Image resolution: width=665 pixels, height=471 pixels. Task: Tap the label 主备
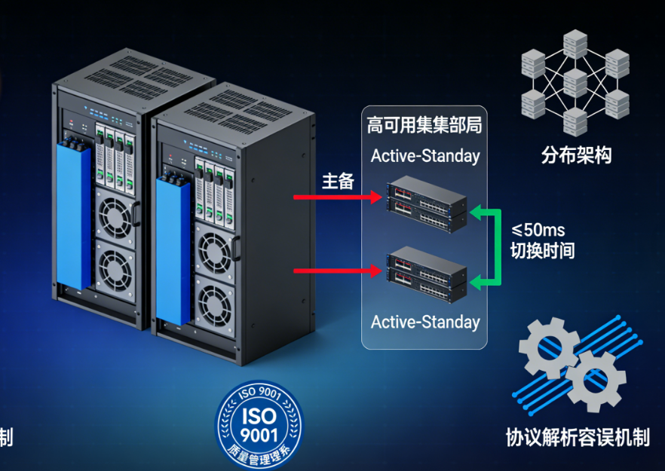tap(339, 182)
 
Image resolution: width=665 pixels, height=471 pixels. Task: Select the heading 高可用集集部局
tap(424, 124)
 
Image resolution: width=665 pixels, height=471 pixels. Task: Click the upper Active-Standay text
tap(425, 157)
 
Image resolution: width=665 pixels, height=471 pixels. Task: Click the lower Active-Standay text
tap(425, 322)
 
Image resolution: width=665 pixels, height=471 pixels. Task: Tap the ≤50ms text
tap(539, 230)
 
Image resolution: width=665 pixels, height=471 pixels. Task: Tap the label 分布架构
tap(576, 155)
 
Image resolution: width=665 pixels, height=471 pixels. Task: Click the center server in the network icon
tap(575, 82)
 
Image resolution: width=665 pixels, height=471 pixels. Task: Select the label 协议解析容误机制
tap(578, 438)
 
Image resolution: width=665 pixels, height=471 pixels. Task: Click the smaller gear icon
tap(595, 380)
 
